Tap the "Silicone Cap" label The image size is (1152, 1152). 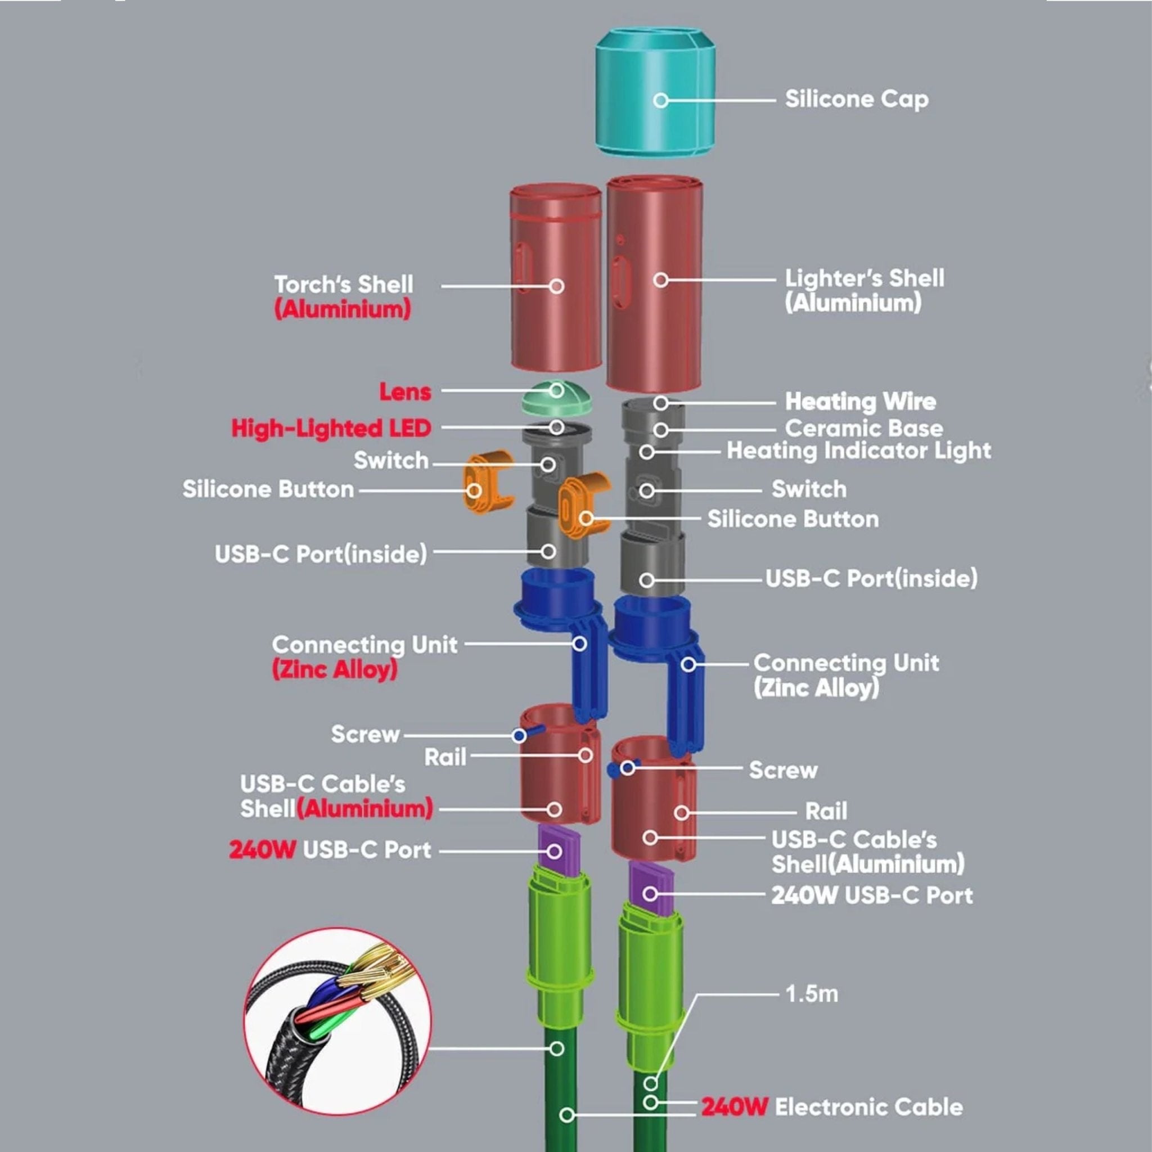point(856,100)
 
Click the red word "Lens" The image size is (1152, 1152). point(406,391)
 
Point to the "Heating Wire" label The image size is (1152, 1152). point(861,401)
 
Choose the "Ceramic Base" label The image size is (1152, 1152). point(864,428)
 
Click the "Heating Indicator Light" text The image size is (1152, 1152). point(858,451)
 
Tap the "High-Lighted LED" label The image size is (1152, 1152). point(331,428)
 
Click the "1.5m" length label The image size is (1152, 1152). point(812,994)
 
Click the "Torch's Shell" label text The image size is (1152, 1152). point(344,285)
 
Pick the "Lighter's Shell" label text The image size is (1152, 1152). point(865,278)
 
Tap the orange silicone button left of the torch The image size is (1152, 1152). point(488,483)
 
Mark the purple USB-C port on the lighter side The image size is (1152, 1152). point(651,892)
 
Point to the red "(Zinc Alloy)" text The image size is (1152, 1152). point(335,669)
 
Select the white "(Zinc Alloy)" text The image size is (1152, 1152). point(816,688)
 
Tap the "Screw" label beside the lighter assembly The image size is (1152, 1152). point(783,770)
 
